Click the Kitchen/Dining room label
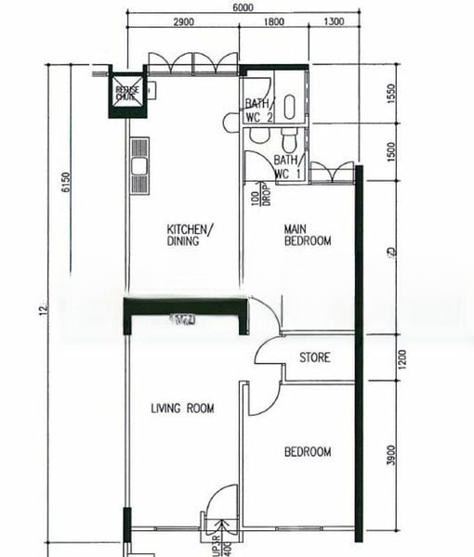[x=190, y=235]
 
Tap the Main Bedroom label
[x=307, y=235]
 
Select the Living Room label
[x=182, y=408]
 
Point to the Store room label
[x=314, y=357]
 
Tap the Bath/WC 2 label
[x=258, y=110]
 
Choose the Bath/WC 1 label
[x=287, y=167]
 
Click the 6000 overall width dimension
[x=244, y=7]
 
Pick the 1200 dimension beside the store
[x=391, y=358]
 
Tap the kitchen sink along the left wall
[x=140, y=167]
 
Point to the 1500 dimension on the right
[x=391, y=151]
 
